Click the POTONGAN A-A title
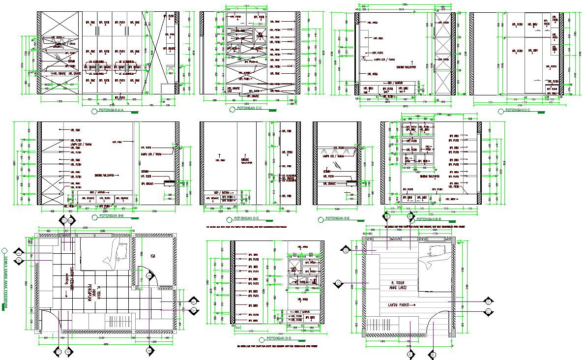111,111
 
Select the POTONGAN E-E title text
337,217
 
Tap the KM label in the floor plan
153,255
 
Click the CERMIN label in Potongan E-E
326,171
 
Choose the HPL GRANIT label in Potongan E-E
328,183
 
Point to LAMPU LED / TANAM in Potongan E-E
330,156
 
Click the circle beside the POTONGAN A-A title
94,112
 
